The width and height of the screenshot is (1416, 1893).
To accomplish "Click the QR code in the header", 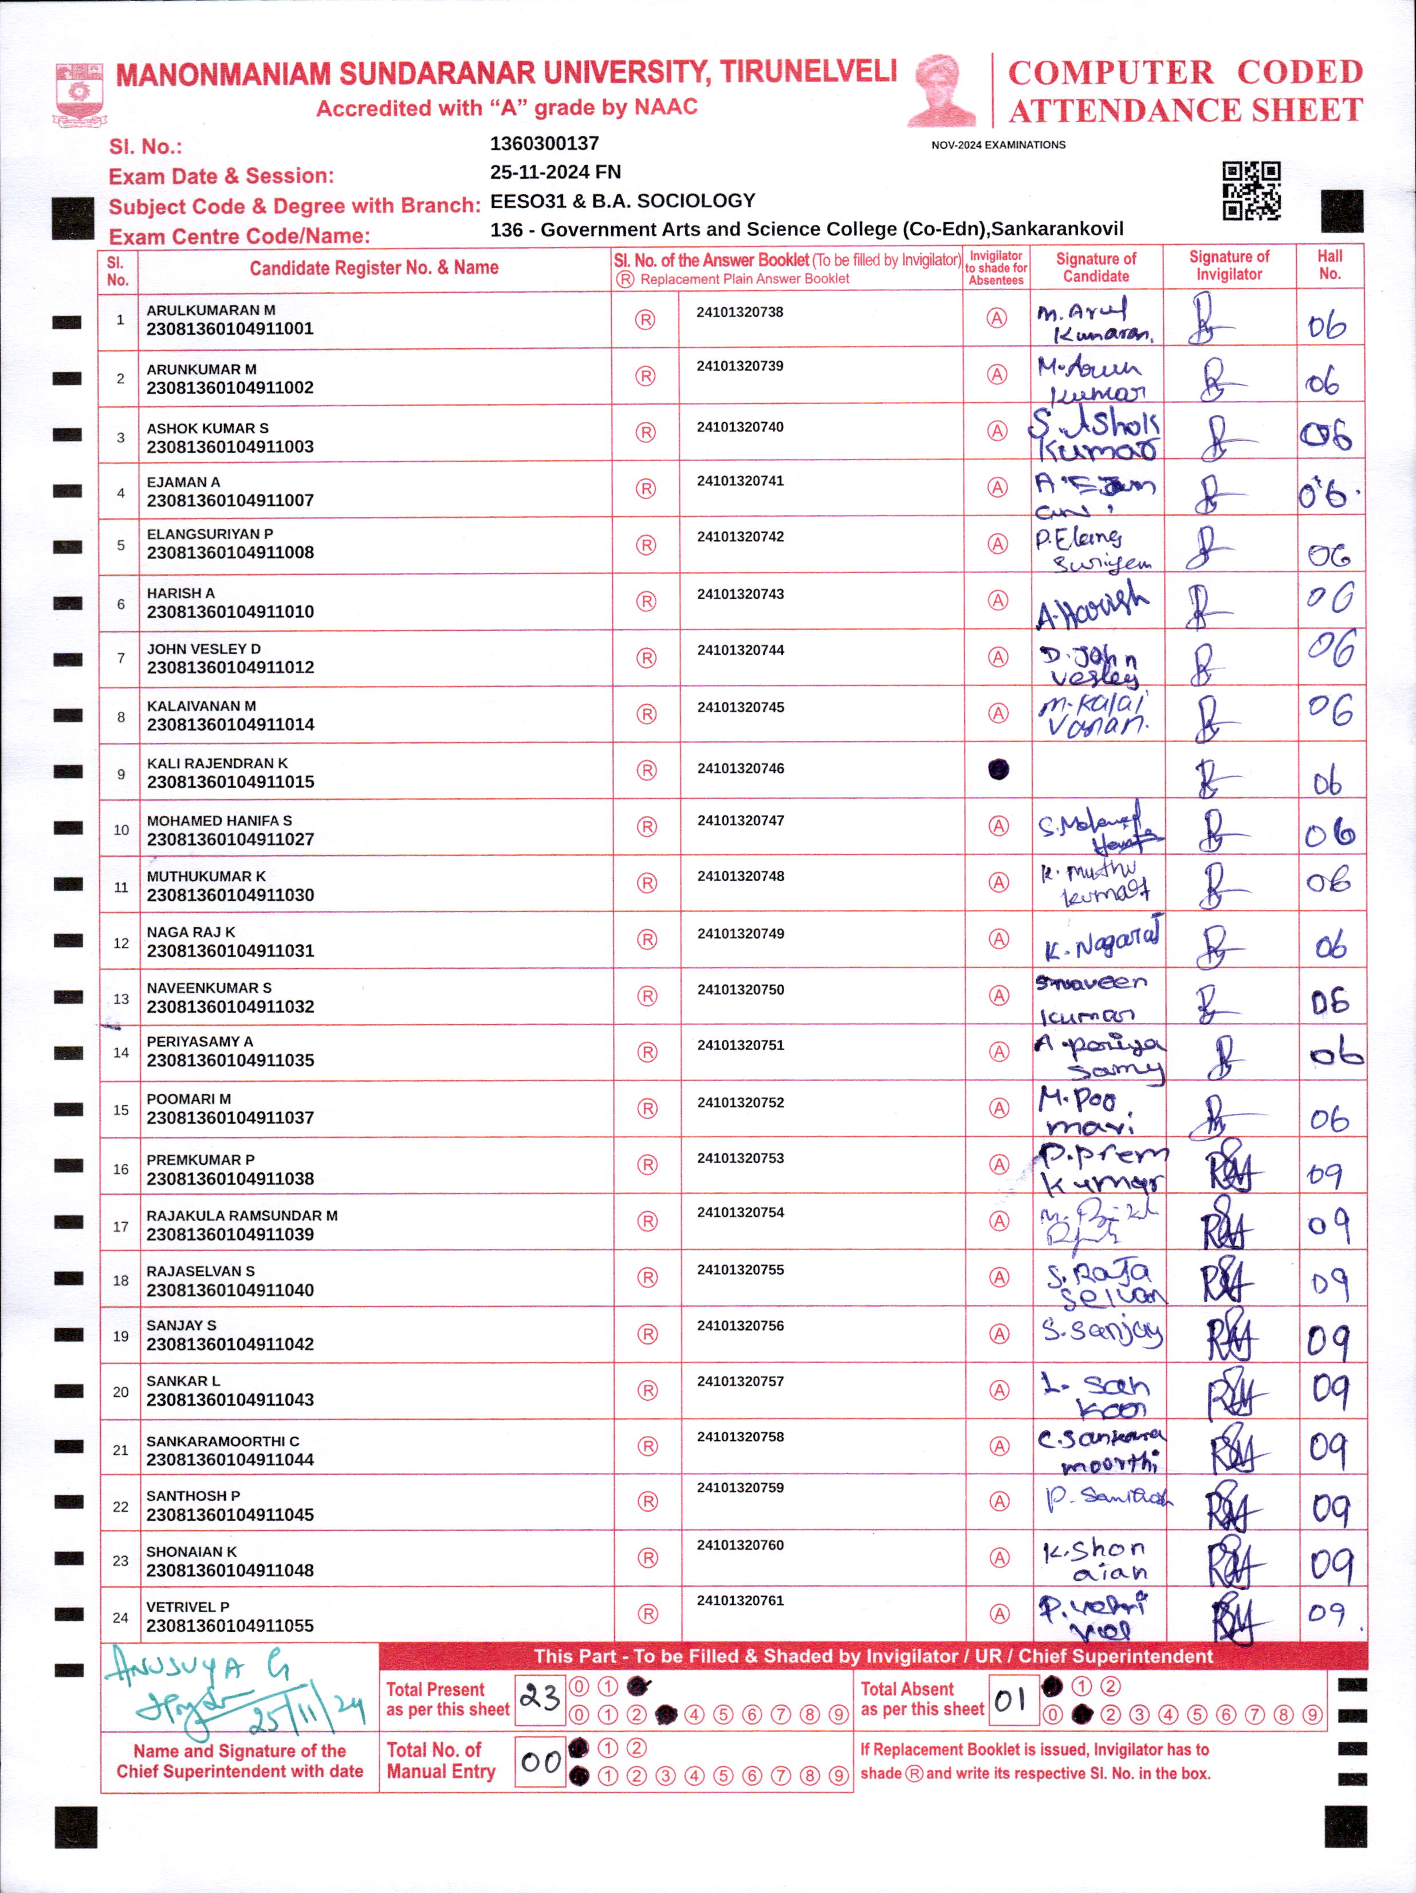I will [x=1251, y=190].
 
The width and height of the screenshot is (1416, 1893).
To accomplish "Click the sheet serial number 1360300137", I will [x=544, y=144].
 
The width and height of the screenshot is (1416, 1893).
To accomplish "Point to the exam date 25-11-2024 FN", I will [x=555, y=172].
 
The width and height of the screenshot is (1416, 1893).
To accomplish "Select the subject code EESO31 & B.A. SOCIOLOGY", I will [x=622, y=201].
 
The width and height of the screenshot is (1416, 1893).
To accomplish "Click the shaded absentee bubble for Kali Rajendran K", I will [x=998, y=769].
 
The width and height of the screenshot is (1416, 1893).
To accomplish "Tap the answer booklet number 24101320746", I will [x=740, y=768].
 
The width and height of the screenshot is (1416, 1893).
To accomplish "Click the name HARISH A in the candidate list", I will [x=180, y=593].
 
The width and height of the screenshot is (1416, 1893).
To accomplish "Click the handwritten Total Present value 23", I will [x=540, y=1696].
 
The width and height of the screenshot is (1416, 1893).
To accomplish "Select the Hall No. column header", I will [x=1329, y=265].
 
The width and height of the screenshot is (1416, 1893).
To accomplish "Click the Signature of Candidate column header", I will [x=1095, y=267].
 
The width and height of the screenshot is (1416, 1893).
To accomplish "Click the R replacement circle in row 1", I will [x=644, y=320].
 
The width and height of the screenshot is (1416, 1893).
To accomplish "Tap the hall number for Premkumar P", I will [x=1325, y=1174].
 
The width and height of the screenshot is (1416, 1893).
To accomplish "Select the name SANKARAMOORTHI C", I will [x=222, y=1441].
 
